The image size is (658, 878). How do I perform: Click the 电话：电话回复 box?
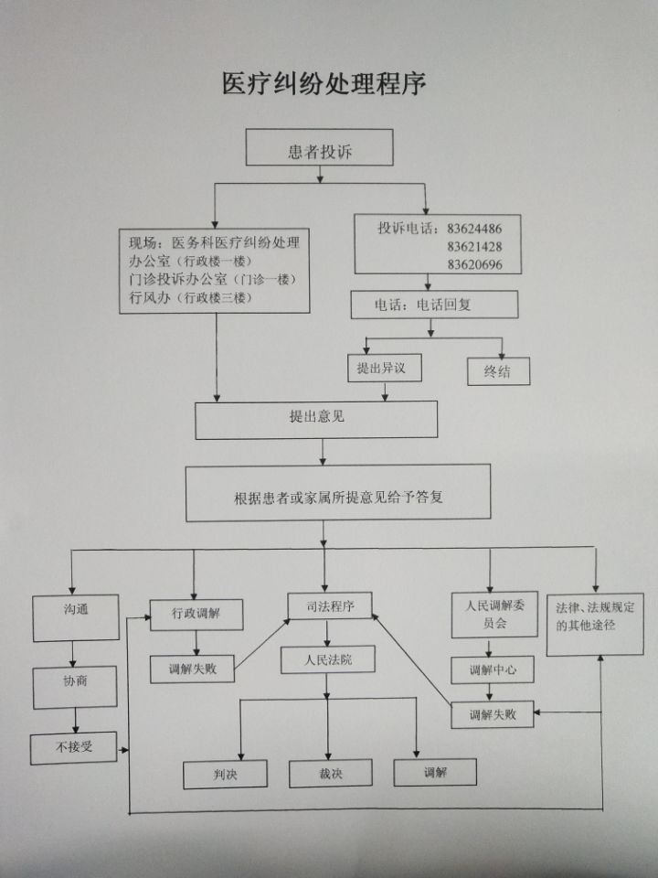click(434, 305)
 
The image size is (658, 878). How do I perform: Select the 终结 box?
click(496, 370)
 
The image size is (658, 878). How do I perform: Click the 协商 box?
click(76, 682)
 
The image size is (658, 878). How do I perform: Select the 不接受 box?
click(74, 747)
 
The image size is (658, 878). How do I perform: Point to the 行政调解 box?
click(196, 613)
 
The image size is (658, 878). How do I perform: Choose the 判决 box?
click(225, 775)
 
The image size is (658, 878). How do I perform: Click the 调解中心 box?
click(493, 669)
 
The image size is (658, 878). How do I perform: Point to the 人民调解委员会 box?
click(493, 614)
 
